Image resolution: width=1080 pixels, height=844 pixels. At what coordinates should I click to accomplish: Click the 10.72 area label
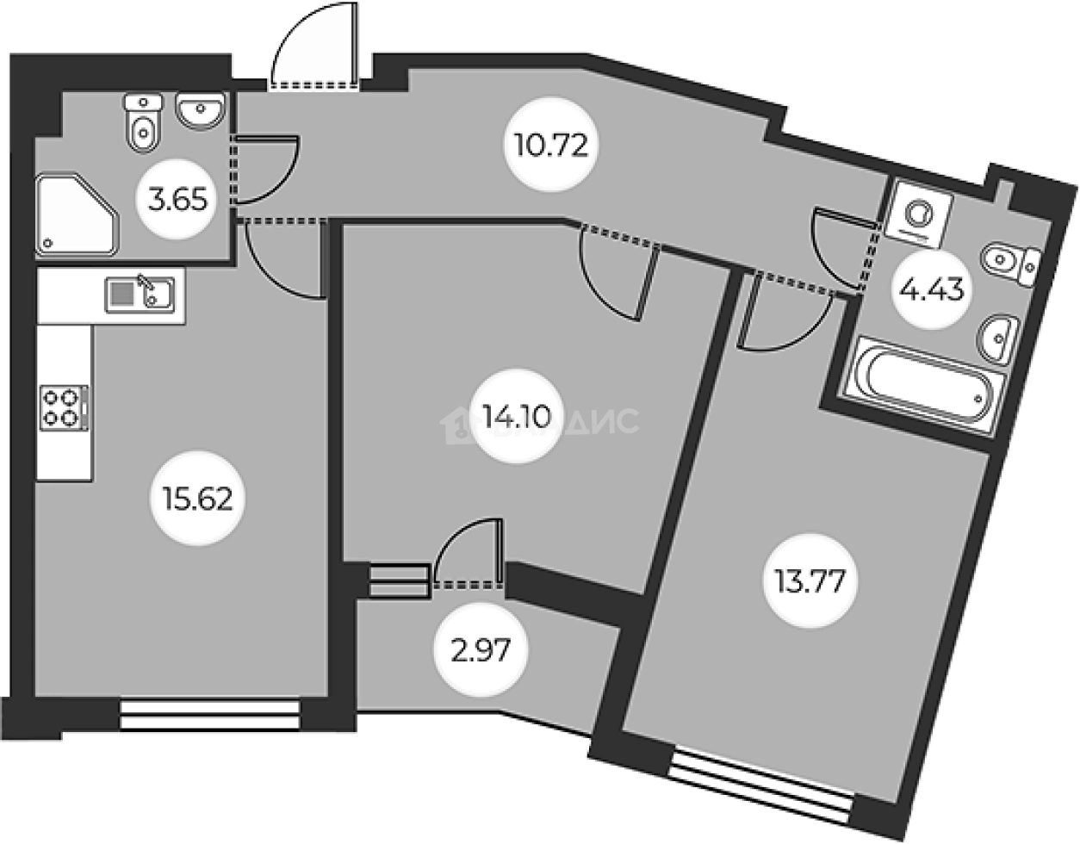549,146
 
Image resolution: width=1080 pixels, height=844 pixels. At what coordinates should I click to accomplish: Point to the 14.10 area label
513,419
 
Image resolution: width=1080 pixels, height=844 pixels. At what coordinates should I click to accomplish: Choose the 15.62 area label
196,497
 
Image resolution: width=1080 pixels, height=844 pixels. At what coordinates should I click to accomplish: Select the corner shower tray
77,215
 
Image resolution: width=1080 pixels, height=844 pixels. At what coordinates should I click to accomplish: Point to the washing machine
922,210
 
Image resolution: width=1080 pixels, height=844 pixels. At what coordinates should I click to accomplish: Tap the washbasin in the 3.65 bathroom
201,109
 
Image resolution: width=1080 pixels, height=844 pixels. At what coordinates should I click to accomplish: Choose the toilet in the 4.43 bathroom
1013,262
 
